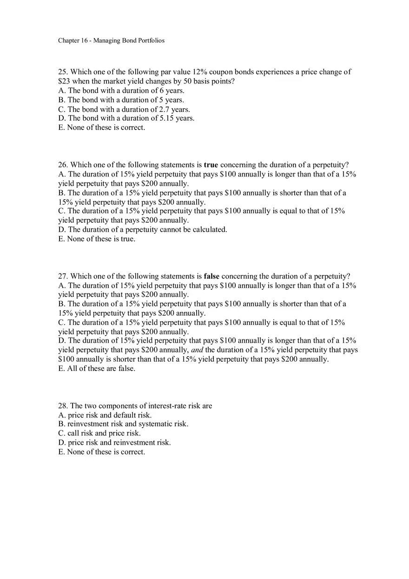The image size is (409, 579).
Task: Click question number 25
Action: [63, 72]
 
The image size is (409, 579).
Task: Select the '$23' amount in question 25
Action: [64, 81]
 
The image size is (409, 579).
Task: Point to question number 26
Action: [63, 165]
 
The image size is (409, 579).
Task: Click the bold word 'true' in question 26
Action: [211, 165]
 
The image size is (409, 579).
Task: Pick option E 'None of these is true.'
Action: [97, 239]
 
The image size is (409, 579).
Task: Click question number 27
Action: [63, 276]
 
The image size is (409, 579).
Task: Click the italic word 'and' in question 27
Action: [197, 350]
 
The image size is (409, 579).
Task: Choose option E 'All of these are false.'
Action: [97, 369]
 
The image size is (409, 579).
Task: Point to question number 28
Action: [63, 406]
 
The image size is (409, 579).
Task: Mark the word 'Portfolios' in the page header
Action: [150, 40]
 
